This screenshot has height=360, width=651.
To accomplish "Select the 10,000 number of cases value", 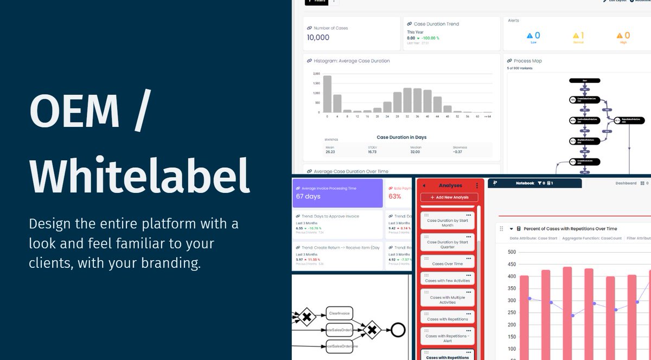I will click(x=318, y=37).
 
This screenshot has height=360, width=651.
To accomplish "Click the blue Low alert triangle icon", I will click(x=530, y=36).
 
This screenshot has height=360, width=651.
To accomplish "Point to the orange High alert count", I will click(x=627, y=36).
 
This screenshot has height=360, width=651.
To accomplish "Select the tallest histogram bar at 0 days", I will click(x=327, y=94).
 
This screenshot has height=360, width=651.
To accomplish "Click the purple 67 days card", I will click(x=337, y=193).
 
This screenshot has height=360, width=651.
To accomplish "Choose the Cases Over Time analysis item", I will click(x=448, y=263).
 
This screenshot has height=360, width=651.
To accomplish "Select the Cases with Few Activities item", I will click(x=448, y=280).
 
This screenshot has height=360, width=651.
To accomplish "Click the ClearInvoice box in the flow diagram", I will click(x=340, y=313).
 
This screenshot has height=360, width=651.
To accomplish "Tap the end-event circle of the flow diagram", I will click(x=399, y=329).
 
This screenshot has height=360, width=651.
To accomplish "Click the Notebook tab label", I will click(x=525, y=183).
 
